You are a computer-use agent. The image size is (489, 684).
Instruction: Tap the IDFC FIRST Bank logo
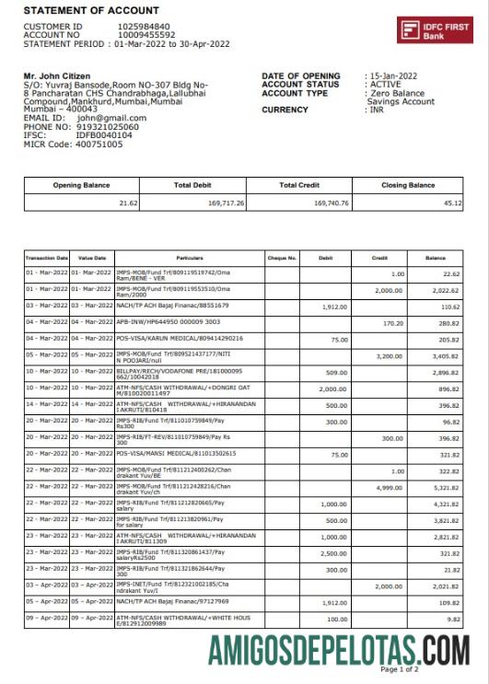click(x=435, y=30)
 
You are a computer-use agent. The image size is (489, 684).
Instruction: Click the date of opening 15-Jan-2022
click(x=395, y=76)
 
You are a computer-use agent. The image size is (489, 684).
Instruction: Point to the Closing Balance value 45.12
click(x=451, y=203)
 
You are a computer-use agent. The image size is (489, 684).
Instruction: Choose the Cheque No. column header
click(x=281, y=259)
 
